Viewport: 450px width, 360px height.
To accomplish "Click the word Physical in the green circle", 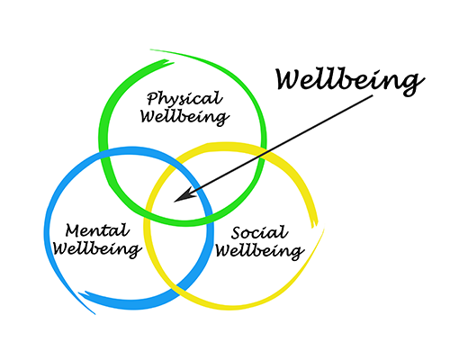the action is point(184,99).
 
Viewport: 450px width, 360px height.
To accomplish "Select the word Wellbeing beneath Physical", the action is point(185,117).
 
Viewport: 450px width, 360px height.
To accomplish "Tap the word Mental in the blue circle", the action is point(97,230).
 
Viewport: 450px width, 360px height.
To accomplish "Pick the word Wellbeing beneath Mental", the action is point(97,249).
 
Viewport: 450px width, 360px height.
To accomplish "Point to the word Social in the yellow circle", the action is point(259,232).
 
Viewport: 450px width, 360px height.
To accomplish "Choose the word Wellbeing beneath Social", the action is point(260,251).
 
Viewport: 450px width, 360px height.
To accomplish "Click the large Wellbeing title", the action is point(350,80).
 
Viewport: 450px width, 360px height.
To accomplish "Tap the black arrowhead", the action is point(185,195).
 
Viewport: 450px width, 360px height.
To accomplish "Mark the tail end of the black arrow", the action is point(373,96).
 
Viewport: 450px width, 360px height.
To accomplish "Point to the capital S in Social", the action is point(237,232).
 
